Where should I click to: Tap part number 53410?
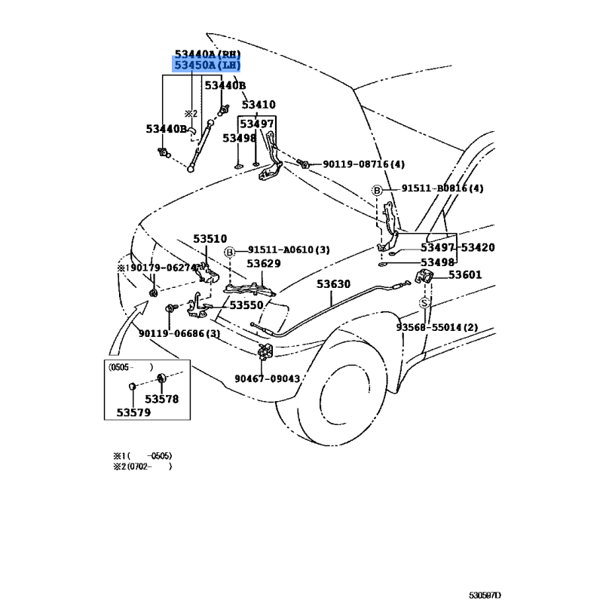[x=257, y=105]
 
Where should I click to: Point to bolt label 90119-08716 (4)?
[x=363, y=164]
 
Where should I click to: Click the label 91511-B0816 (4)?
[x=442, y=188]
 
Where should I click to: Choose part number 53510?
[x=210, y=239]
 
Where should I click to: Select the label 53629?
[x=264, y=263]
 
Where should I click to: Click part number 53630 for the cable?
[x=333, y=284]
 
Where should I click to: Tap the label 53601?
[x=466, y=275]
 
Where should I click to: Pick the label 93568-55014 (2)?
[x=437, y=326]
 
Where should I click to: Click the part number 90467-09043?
[x=267, y=379]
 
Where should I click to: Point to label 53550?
[x=246, y=305]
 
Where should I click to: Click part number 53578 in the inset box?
[x=162, y=399]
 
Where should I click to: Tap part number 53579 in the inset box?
[x=134, y=412]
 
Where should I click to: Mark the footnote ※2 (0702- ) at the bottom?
[x=142, y=467]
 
